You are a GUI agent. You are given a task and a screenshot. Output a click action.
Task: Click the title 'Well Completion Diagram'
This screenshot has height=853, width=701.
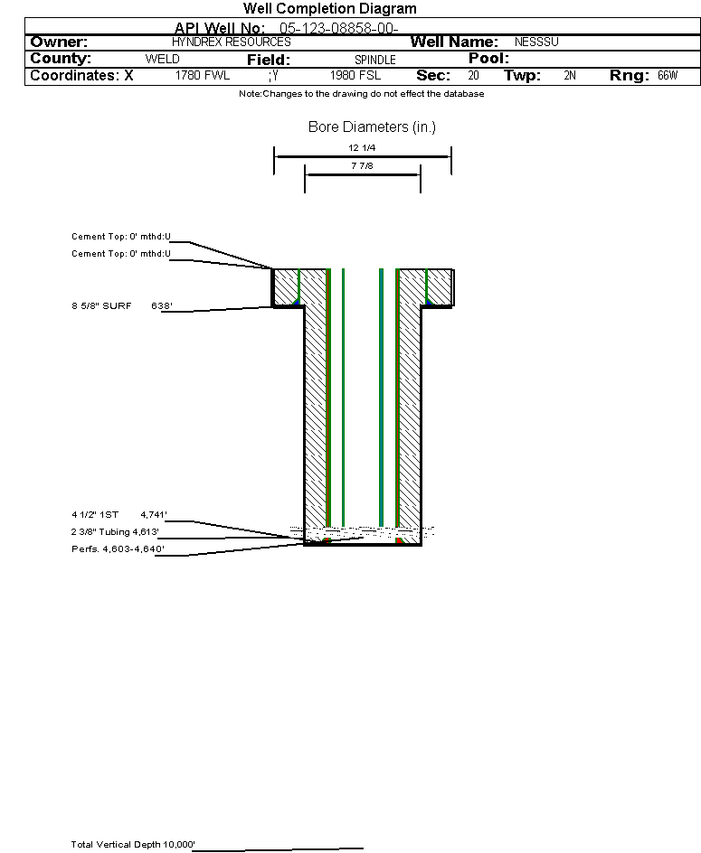click(x=329, y=9)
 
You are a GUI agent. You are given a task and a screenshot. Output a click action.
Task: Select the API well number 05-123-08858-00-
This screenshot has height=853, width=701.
click(x=339, y=28)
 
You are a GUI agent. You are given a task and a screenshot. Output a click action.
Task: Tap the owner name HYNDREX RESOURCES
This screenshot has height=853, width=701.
click(x=232, y=42)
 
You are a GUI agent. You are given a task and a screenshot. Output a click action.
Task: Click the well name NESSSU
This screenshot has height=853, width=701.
click(x=536, y=42)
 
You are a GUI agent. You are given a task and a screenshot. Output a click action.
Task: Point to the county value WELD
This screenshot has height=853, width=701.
click(x=162, y=59)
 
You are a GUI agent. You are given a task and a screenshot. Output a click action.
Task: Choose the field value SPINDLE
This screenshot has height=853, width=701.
click(x=375, y=60)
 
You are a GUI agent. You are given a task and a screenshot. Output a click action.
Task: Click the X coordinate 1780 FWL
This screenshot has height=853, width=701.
click(x=203, y=76)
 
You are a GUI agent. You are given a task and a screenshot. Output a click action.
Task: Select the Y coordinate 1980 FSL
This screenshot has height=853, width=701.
click(x=355, y=76)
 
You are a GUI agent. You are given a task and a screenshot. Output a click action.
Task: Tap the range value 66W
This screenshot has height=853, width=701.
click(x=668, y=76)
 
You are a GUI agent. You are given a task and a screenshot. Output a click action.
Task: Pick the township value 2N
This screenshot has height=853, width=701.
click(x=570, y=76)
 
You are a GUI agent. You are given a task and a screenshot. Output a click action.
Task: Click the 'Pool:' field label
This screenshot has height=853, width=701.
click(x=488, y=58)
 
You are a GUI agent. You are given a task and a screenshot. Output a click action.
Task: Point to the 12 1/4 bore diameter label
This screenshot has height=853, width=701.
click(x=362, y=147)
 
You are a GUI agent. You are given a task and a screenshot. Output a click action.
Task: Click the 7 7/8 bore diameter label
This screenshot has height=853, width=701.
click(x=362, y=165)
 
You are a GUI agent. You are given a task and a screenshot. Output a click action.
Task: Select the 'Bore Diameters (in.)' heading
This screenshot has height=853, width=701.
click(x=372, y=127)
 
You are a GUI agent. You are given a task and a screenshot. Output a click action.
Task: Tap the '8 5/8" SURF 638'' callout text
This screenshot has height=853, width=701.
click(x=122, y=305)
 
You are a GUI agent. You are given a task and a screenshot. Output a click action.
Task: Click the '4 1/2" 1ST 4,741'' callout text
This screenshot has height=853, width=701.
click(x=119, y=515)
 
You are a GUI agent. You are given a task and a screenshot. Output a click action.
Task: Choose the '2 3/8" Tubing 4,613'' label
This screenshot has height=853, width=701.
click(x=115, y=532)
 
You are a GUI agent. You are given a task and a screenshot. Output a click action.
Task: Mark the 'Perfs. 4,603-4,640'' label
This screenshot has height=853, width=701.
click(x=118, y=548)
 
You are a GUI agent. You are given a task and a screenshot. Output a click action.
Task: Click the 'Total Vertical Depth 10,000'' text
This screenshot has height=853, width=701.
click(x=133, y=844)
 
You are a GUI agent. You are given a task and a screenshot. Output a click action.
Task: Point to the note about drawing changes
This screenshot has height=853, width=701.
click(x=362, y=94)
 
